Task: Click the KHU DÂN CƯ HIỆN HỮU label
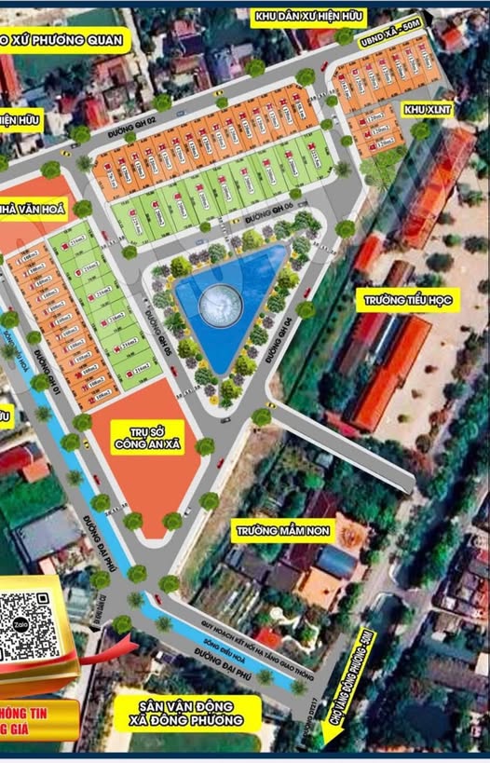[309, 16]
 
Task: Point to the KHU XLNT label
[425, 110]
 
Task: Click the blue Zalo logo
[9, 616]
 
